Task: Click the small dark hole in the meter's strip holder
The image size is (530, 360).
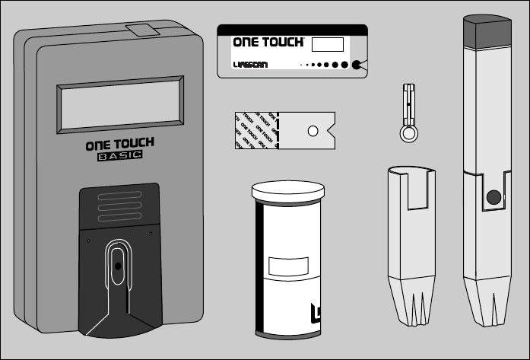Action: coord(118,267)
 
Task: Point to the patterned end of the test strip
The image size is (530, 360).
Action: coord(254,130)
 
